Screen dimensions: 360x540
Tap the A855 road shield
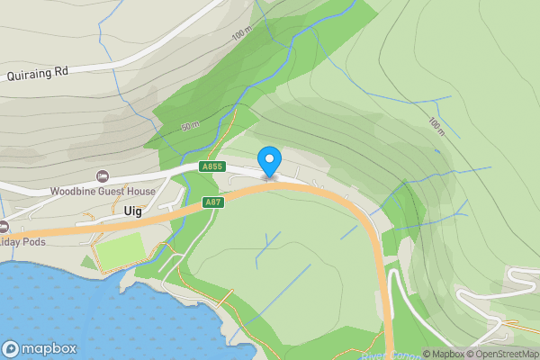[x=212, y=166]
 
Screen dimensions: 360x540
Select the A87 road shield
[x=212, y=202]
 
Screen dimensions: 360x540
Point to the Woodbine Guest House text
[x=103, y=191]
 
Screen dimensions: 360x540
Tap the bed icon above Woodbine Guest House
[x=103, y=175]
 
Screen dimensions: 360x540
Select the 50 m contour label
[x=190, y=126]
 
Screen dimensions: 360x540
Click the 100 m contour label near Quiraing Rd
[x=241, y=35]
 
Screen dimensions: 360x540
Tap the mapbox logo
[x=39, y=348]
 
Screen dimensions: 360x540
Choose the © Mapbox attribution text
[x=445, y=354]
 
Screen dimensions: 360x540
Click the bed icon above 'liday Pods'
[x=4, y=226]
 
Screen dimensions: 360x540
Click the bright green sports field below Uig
[x=120, y=253]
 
